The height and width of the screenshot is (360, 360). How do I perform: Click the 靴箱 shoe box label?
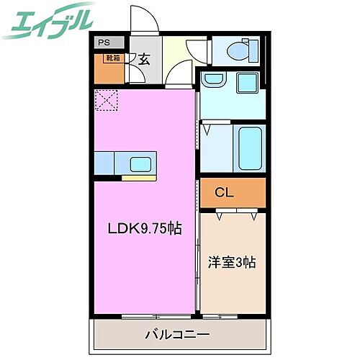[113, 57]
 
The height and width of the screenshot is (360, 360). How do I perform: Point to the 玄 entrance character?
[143, 60]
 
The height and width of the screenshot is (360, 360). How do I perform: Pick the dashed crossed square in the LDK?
[106, 101]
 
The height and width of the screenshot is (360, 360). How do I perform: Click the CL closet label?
[225, 192]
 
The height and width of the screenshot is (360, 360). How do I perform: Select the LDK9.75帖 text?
[144, 229]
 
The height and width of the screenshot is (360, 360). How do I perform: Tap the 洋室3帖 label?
[232, 263]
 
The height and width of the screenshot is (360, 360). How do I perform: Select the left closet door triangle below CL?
[219, 212]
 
